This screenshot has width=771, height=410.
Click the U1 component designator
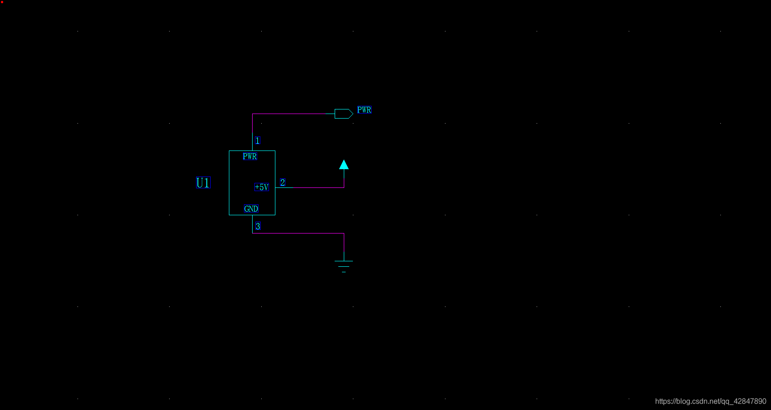[x=203, y=183]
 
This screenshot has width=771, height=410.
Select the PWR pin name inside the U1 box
[x=250, y=156]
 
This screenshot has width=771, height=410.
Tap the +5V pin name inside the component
[x=261, y=187]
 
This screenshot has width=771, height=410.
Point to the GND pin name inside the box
[x=251, y=209]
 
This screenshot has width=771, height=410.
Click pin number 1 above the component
[x=258, y=140]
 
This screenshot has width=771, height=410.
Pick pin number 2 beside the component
[x=283, y=182]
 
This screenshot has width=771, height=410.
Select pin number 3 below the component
[x=258, y=226]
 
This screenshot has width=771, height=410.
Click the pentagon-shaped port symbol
[x=343, y=114]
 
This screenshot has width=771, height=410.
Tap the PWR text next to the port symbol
[x=364, y=110]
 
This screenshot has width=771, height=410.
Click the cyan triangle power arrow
[x=344, y=165]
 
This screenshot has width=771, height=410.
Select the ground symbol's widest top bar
[x=344, y=261]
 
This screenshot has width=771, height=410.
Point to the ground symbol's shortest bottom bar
[x=344, y=272]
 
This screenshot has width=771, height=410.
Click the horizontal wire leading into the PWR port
[x=294, y=114]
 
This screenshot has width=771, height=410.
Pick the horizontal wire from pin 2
[x=310, y=187]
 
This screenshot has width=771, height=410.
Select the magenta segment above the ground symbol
[x=344, y=244]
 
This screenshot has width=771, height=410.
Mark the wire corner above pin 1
[x=252, y=114]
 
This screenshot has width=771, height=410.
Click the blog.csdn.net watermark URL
[x=710, y=401]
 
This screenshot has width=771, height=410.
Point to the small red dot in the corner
[x=2, y=2]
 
